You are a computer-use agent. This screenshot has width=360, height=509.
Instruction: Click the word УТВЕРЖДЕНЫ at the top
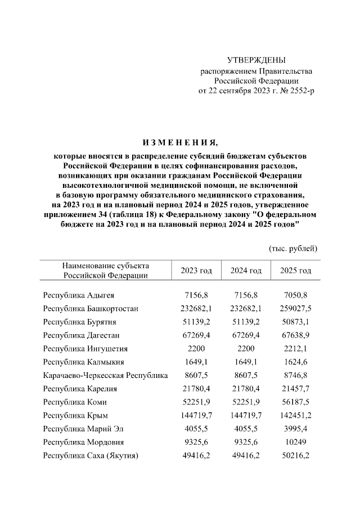(256, 60)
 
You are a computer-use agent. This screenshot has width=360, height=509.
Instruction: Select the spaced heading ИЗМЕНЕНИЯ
(179, 142)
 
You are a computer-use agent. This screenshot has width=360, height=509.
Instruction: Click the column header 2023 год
(196, 271)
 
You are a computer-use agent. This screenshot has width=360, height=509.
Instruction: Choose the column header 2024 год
(246, 271)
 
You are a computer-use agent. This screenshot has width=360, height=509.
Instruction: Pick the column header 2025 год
(295, 271)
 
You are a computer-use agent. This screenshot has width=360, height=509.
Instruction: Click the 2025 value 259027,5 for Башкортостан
(295, 308)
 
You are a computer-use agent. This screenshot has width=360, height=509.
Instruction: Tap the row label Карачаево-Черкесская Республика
(105, 375)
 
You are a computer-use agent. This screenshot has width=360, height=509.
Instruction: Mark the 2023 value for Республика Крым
(196, 415)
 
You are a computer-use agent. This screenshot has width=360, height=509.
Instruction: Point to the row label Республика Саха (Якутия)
(91, 456)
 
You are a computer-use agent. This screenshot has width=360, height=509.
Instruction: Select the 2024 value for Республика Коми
(246, 402)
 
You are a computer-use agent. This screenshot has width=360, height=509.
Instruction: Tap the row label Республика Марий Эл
(83, 429)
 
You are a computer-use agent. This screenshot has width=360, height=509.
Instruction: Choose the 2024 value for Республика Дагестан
(246, 335)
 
